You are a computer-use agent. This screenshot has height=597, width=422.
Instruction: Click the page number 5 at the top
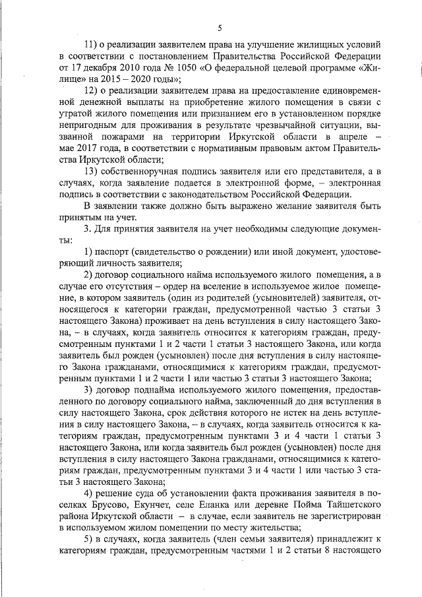(219, 26)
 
